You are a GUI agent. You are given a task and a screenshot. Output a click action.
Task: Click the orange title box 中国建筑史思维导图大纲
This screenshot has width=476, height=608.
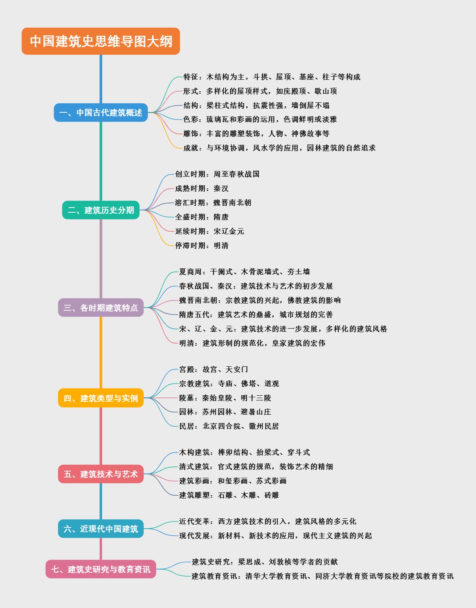coord(101,41)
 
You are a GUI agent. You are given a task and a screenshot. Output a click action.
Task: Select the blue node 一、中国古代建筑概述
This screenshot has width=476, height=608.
coord(101,113)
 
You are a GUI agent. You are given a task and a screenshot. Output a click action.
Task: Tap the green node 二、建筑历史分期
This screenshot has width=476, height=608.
coord(101,210)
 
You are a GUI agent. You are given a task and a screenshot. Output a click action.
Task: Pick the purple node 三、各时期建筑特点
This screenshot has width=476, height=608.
coord(101,308)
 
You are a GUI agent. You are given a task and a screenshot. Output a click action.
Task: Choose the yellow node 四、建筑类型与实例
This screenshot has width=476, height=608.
coord(101,398)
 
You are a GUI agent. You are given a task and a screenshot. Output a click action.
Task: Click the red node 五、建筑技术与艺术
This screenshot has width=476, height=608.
coord(101,474)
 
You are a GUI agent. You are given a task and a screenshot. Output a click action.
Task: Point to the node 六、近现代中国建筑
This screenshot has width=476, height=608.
coord(101,529)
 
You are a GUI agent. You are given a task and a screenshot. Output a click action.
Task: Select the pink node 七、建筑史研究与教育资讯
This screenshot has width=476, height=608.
coord(101,569)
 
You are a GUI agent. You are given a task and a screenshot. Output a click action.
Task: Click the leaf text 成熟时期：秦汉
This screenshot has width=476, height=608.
coord(202,189)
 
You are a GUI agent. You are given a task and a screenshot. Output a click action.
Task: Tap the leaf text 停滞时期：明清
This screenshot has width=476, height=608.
coord(202,246)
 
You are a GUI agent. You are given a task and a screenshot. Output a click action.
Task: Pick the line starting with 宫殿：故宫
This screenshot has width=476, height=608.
coord(213,369)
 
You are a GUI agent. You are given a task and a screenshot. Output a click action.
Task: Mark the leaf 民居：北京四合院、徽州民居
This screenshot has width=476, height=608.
coord(229,426)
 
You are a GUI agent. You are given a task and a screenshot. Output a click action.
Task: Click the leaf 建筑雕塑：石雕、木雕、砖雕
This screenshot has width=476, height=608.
coord(229,495)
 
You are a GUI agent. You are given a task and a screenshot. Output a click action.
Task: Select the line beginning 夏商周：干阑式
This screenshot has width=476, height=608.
coord(244,272)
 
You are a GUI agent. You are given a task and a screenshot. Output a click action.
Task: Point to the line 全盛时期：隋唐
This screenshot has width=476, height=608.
coord(202,217)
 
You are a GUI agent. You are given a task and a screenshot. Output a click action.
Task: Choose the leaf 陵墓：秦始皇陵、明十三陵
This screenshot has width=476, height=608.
coord(225,398)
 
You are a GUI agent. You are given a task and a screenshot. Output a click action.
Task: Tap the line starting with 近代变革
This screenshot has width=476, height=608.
coord(267,521)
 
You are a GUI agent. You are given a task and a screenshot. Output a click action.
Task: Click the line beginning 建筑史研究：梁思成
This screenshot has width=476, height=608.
coord(265,562)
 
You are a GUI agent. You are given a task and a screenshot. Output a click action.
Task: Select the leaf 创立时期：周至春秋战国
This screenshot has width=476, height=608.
coord(217,174)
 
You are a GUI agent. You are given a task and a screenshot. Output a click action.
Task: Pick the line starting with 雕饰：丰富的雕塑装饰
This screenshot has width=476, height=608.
coord(256,134)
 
